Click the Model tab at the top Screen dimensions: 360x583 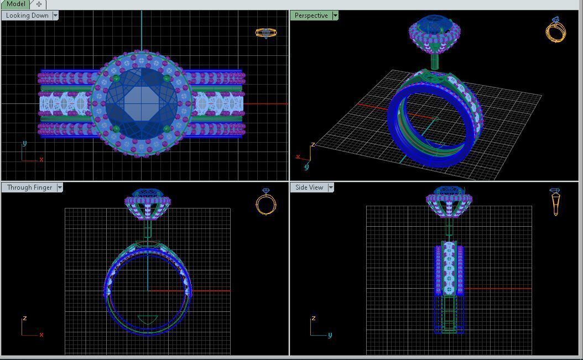pyautogui.click(x=15, y=4)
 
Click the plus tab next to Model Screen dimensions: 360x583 pyautogui.click(x=39, y=4)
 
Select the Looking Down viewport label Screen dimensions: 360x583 pyautogui.click(x=27, y=15)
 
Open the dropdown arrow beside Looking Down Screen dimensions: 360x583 pyautogui.click(x=55, y=15)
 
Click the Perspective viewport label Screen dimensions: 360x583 pyautogui.click(x=311, y=15)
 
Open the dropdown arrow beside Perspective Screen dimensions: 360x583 pyautogui.click(x=335, y=15)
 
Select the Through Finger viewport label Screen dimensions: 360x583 pyautogui.click(x=29, y=187)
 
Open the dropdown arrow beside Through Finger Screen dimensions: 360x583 pyautogui.click(x=60, y=187)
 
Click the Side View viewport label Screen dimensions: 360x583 pyautogui.click(x=309, y=187)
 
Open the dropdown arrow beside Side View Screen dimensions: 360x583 pyautogui.click(x=331, y=187)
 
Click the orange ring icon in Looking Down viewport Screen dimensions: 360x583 pyautogui.click(x=266, y=33)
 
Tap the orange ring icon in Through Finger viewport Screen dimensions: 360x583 pyautogui.click(x=266, y=202)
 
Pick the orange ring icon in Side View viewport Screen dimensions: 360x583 pyautogui.click(x=555, y=202)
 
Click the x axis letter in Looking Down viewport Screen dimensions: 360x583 pyautogui.click(x=41, y=160)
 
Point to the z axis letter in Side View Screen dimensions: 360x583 pyautogui.click(x=314, y=319)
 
